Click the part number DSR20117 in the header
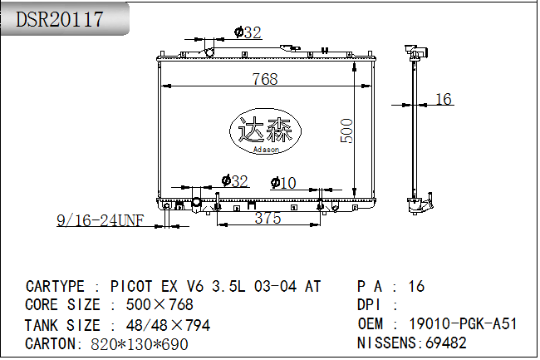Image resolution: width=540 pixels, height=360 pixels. [x=60, y=19]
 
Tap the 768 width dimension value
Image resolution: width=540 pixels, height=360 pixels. [x=265, y=79]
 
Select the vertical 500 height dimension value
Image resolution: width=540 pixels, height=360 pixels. [x=346, y=131]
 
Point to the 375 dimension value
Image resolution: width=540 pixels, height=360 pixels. [x=268, y=218]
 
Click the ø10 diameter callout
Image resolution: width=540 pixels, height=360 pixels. [x=283, y=183]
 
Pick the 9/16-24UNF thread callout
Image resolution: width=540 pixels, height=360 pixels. [x=101, y=220]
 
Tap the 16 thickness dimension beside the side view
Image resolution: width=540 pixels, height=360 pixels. [x=444, y=99]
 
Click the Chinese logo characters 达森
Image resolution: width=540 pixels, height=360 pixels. [x=265, y=130]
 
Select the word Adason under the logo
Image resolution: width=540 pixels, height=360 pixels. [x=266, y=150]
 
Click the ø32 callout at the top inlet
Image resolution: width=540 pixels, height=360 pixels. [x=248, y=32]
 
